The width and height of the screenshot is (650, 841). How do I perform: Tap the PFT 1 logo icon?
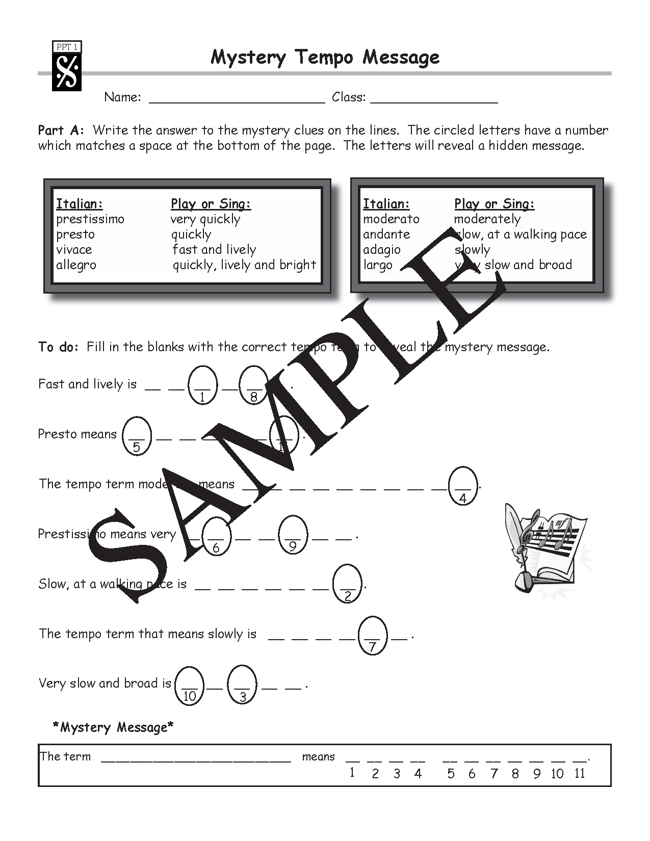tap(67, 67)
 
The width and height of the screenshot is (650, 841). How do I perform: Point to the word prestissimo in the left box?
tap(90, 219)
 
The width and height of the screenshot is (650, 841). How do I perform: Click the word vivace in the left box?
tap(74, 250)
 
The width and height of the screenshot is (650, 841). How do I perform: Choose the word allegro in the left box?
tap(76, 265)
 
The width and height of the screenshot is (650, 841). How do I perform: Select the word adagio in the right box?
tap(382, 250)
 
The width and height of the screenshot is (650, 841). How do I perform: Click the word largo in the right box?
tap(378, 265)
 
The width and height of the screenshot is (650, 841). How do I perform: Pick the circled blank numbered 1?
tap(202, 385)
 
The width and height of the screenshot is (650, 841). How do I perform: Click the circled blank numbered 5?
tap(137, 435)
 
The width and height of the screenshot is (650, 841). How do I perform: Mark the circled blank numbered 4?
tap(463, 486)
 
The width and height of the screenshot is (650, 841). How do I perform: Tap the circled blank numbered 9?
tap(293, 535)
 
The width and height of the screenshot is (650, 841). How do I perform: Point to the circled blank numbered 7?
tap(373, 635)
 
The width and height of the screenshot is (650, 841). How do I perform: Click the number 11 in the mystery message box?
tap(579, 774)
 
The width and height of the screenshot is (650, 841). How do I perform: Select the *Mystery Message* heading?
tap(113, 727)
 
